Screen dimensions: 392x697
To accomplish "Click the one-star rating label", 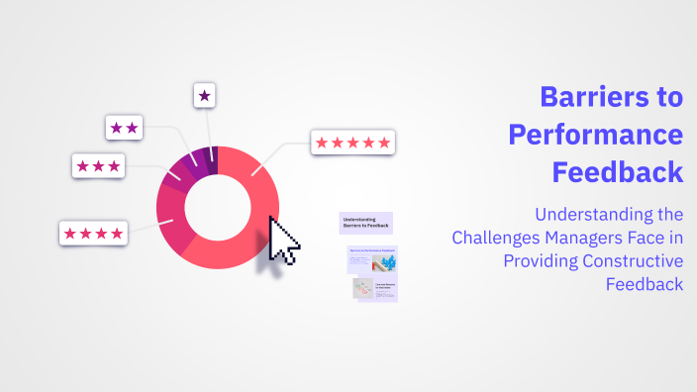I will point(204,96).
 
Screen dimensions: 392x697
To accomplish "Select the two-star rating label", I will point(125,128).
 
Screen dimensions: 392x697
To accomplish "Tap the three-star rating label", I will point(98,166).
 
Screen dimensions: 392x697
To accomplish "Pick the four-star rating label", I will point(94,234).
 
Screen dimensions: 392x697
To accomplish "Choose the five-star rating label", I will point(353,143).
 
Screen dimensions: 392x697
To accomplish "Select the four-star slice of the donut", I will point(170,219).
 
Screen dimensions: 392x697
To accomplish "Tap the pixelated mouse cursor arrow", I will point(283,241).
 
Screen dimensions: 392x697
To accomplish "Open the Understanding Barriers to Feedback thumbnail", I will point(365,223).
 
